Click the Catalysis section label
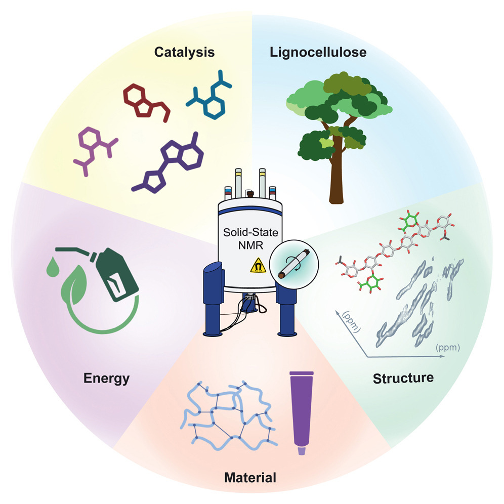[x=184, y=52]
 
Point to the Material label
[x=251, y=477]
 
